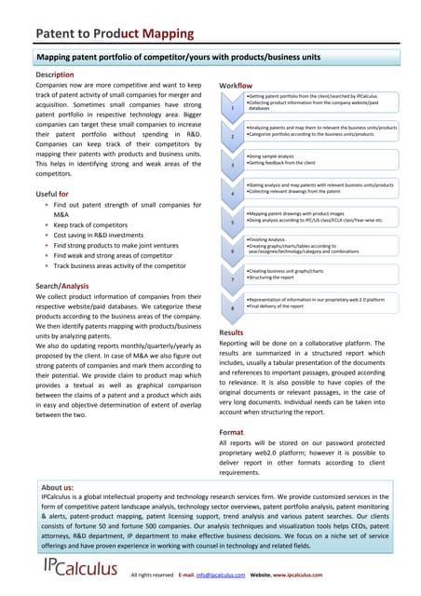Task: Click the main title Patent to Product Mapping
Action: click(x=115, y=34)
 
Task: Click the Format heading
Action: click(x=231, y=432)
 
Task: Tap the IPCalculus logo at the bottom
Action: click(x=79, y=568)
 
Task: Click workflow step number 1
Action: click(x=231, y=107)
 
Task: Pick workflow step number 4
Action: click(x=231, y=193)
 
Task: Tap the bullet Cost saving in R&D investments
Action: click(x=99, y=236)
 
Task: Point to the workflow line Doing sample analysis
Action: click(x=277, y=156)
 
